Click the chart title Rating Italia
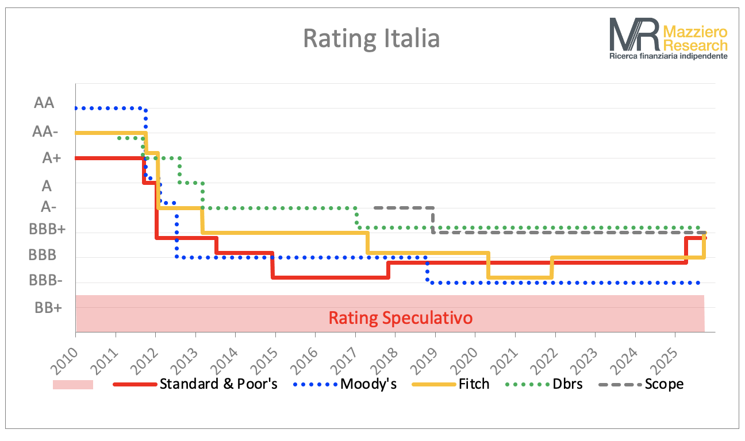point(371,39)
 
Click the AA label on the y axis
point(44,103)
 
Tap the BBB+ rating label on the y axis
point(48,229)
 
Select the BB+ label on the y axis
point(48,307)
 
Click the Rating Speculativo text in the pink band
point(401,318)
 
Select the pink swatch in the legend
point(72,384)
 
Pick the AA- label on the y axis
point(45,131)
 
